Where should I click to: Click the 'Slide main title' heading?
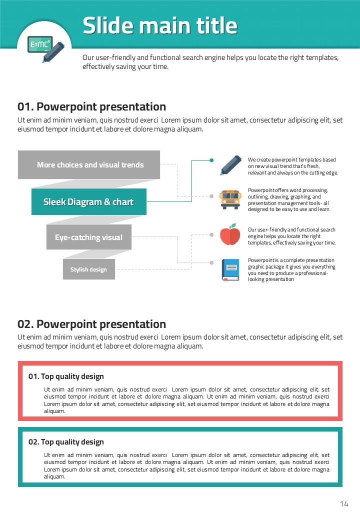[160, 25]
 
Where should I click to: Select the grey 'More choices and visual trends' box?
[89, 164]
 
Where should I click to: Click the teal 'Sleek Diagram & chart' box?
[88, 202]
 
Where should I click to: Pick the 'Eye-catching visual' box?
[88, 237]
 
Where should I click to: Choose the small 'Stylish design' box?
[88, 269]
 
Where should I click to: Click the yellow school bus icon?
[230, 199]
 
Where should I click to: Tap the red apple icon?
[230, 234]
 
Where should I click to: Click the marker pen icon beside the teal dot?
[230, 165]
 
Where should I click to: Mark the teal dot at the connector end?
[211, 160]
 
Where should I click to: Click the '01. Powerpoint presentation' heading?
[92, 106]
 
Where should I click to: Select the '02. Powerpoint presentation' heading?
[92, 324]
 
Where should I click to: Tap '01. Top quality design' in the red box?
[66, 376]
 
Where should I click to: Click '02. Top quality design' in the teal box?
[66, 442]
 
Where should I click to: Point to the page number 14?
[344, 503]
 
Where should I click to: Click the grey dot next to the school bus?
[211, 196]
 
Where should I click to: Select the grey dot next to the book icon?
[211, 262]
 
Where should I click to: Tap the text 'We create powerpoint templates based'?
[292, 160]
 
